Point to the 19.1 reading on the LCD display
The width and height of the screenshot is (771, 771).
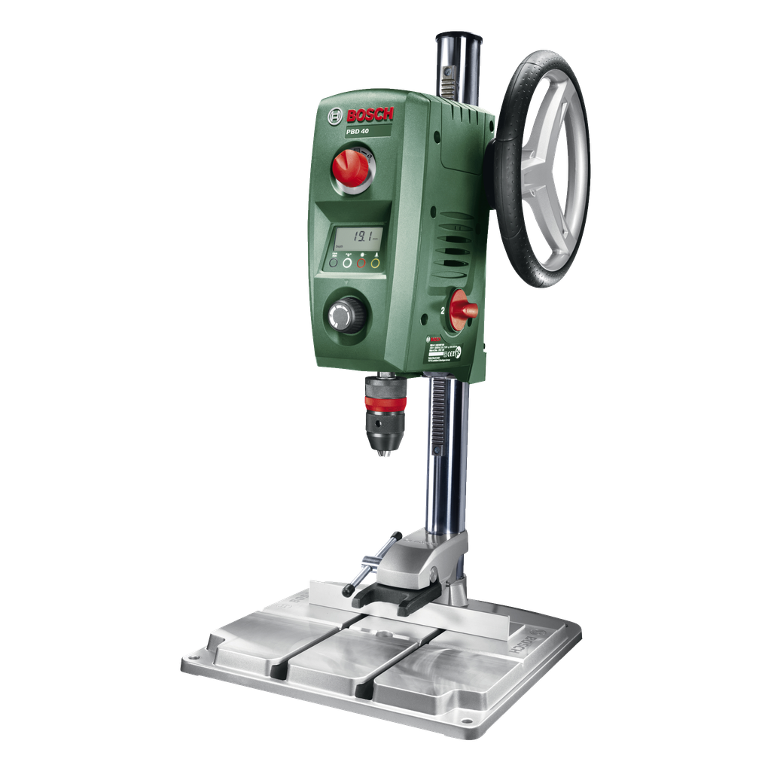coord(366,236)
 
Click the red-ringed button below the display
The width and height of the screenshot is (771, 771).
coord(361,264)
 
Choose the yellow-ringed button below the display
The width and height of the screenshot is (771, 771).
coord(375,264)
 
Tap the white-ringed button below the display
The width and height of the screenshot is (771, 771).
coord(347,264)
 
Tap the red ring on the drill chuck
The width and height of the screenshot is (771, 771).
coord(384,403)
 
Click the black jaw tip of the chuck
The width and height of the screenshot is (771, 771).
coord(385,454)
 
